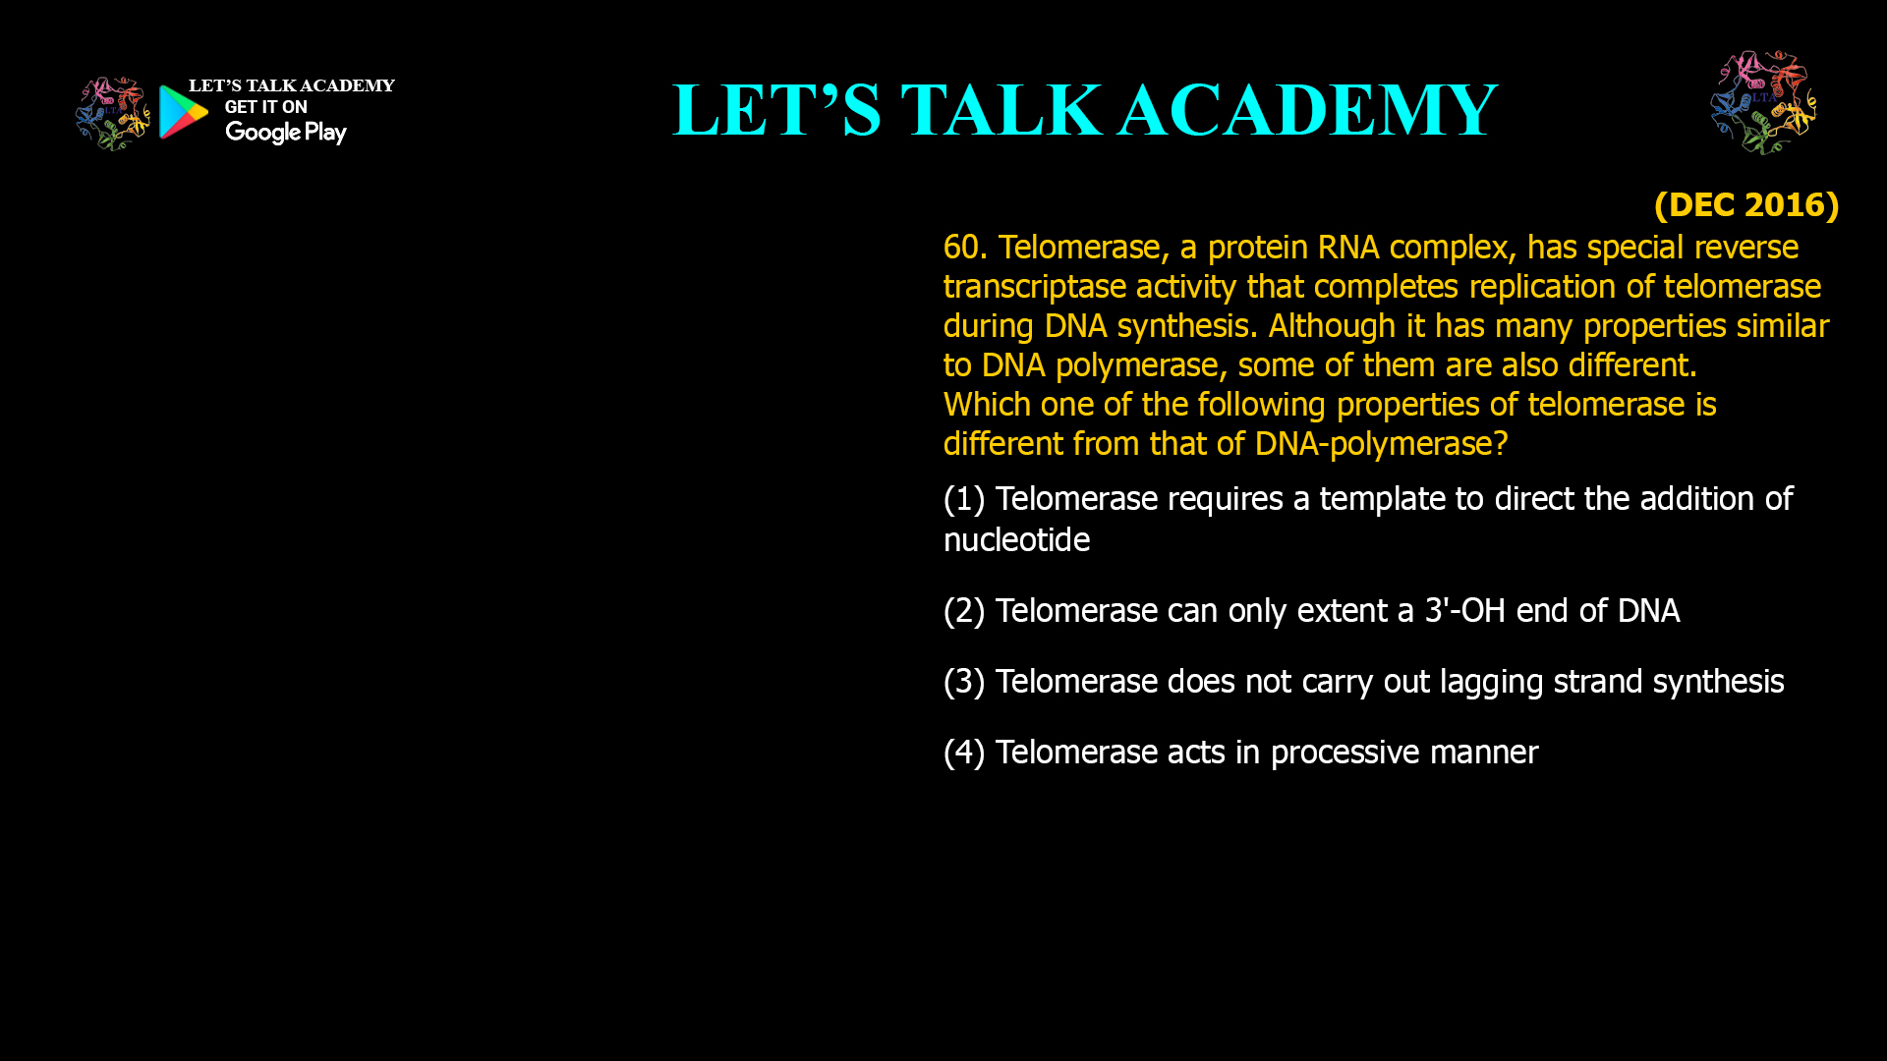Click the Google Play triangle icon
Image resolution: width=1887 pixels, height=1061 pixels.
tap(184, 112)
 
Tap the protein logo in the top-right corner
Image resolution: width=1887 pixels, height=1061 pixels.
tap(1763, 102)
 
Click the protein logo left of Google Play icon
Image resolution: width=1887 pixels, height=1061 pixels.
tap(112, 114)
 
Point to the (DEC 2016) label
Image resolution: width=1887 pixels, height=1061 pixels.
tap(1745, 204)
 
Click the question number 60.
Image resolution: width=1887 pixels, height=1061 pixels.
tap(964, 248)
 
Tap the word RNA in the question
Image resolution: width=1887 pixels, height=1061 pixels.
tap(1347, 248)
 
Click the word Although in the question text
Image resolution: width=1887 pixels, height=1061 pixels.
tap(1332, 326)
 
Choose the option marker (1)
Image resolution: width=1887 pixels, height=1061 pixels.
tap(963, 499)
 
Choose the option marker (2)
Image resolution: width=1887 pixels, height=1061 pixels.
tap(963, 611)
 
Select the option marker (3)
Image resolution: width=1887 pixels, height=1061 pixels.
tap(963, 682)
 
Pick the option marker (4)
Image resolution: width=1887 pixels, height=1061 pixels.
tap(963, 753)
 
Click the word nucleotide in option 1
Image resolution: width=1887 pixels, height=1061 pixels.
tap(1016, 540)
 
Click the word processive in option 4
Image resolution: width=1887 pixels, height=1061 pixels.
tap(1344, 753)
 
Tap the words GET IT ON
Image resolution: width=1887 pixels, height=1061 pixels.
tap(265, 107)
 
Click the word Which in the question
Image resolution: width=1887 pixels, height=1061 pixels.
tap(987, 405)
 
